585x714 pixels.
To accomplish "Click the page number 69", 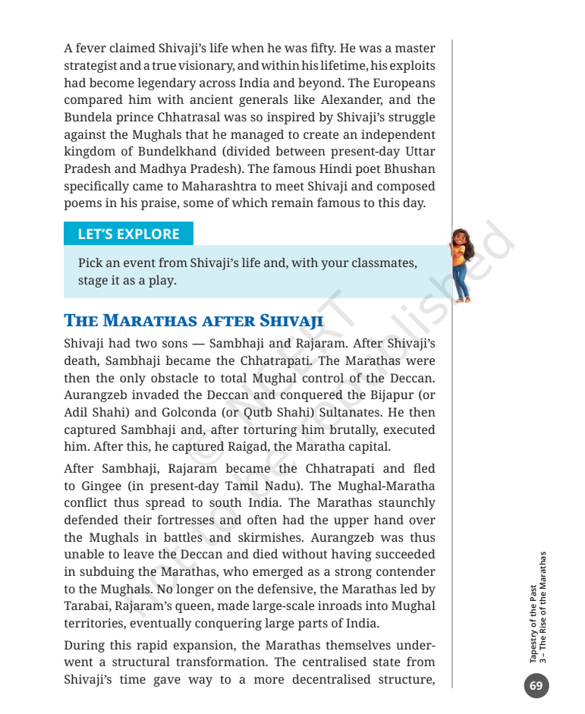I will (536, 686).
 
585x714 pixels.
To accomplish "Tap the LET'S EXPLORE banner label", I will (128, 234).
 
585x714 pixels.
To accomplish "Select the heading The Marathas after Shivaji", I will (194, 320).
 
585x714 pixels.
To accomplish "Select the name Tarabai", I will (87, 605).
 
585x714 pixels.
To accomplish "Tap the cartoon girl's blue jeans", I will (461, 281).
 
